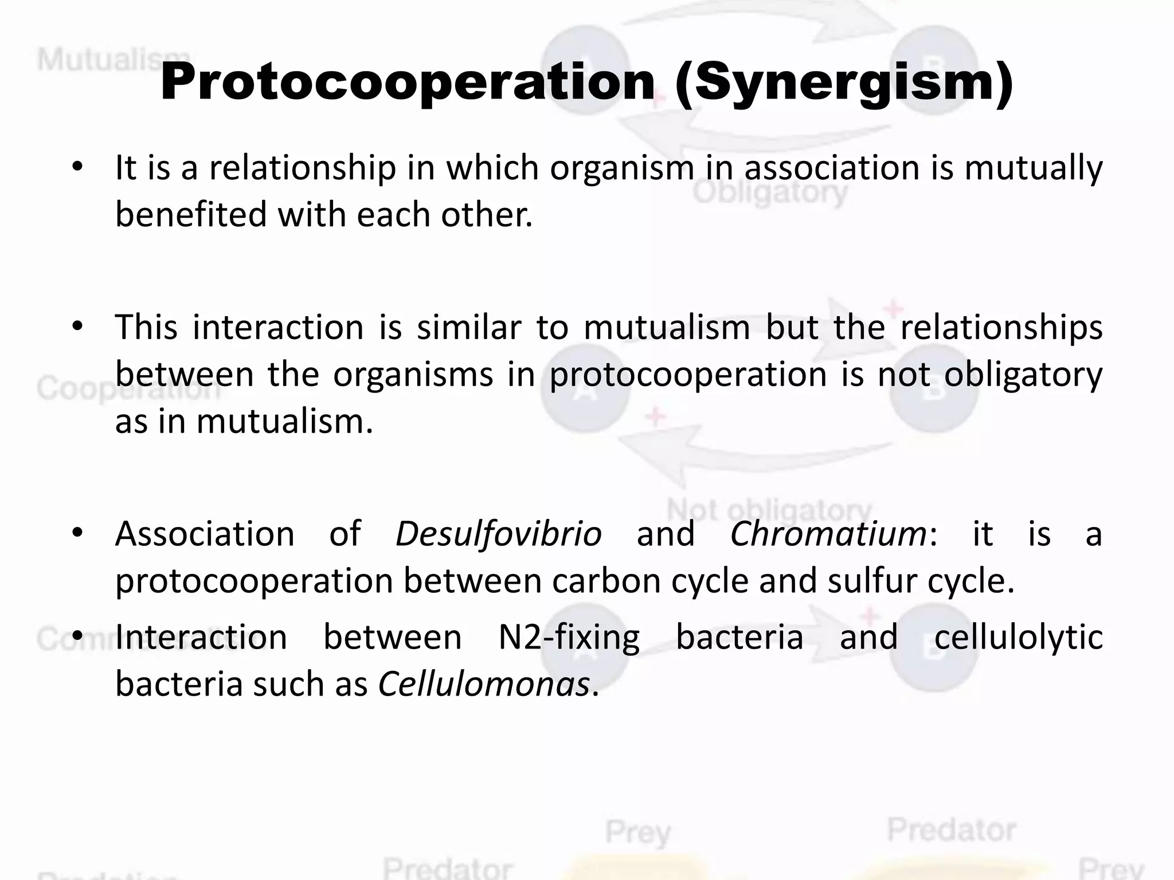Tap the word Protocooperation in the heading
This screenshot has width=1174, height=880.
(408, 83)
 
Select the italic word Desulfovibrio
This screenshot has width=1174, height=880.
(498, 534)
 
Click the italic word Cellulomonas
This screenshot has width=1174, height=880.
(484, 684)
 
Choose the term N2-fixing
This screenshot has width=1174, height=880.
(569, 637)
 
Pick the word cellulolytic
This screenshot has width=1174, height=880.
(1018, 637)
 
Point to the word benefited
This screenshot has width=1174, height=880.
(191, 214)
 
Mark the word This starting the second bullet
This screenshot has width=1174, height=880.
(146, 328)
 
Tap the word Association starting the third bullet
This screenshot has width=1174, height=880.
(205, 534)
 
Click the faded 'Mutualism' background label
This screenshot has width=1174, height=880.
(97, 60)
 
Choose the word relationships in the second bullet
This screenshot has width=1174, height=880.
(1001, 328)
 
